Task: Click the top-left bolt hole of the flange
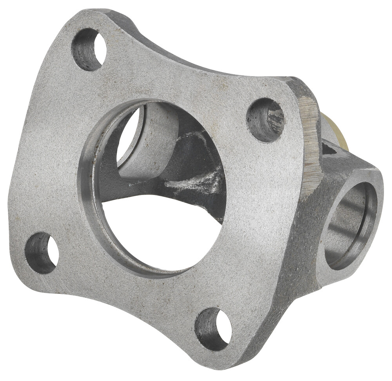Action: pos(89,49)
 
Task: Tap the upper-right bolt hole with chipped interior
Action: pos(265,119)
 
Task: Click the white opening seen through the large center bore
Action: pos(157,232)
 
